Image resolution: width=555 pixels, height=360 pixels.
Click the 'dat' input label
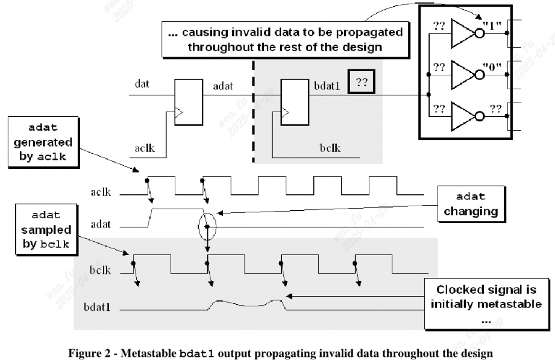tap(142, 85)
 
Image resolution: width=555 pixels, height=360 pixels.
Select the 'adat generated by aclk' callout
tap(43, 143)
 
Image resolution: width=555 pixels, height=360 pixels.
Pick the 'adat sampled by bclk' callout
tap(43, 230)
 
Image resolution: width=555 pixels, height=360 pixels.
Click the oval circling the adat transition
tap(207, 227)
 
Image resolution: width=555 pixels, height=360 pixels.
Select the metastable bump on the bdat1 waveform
tap(247, 303)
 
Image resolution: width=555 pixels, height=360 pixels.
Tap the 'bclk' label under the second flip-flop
tap(329, 147)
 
